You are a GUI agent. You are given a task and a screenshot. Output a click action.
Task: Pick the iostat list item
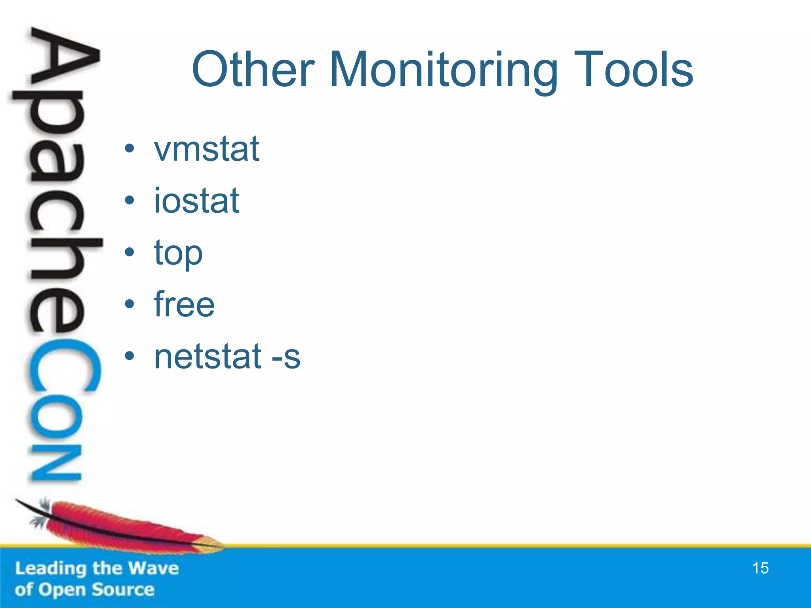tap(196, 201)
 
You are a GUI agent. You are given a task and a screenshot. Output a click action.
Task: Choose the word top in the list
tap(178, 253)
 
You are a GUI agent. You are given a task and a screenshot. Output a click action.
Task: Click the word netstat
tap(208, 356)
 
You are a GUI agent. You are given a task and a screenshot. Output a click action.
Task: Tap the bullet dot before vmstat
tap(129, 149)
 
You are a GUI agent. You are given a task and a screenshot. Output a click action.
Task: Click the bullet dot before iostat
tap(129, 201)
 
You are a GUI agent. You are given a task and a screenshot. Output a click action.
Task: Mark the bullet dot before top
tap(129, 252)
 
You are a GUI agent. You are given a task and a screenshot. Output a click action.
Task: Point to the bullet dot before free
tap(129, 304)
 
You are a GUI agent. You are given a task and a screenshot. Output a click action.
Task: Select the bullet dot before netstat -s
tap(129, 356)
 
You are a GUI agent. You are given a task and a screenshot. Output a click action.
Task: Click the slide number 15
tap(760, 568)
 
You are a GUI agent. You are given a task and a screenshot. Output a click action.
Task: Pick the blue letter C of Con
tap(63, 368)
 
